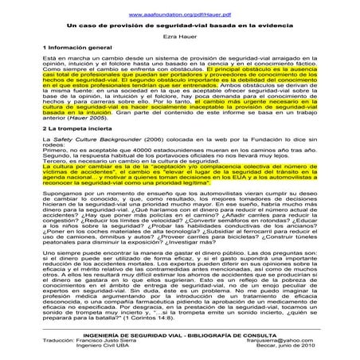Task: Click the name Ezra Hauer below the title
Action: [180, 37]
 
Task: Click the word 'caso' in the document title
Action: [87, 25]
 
